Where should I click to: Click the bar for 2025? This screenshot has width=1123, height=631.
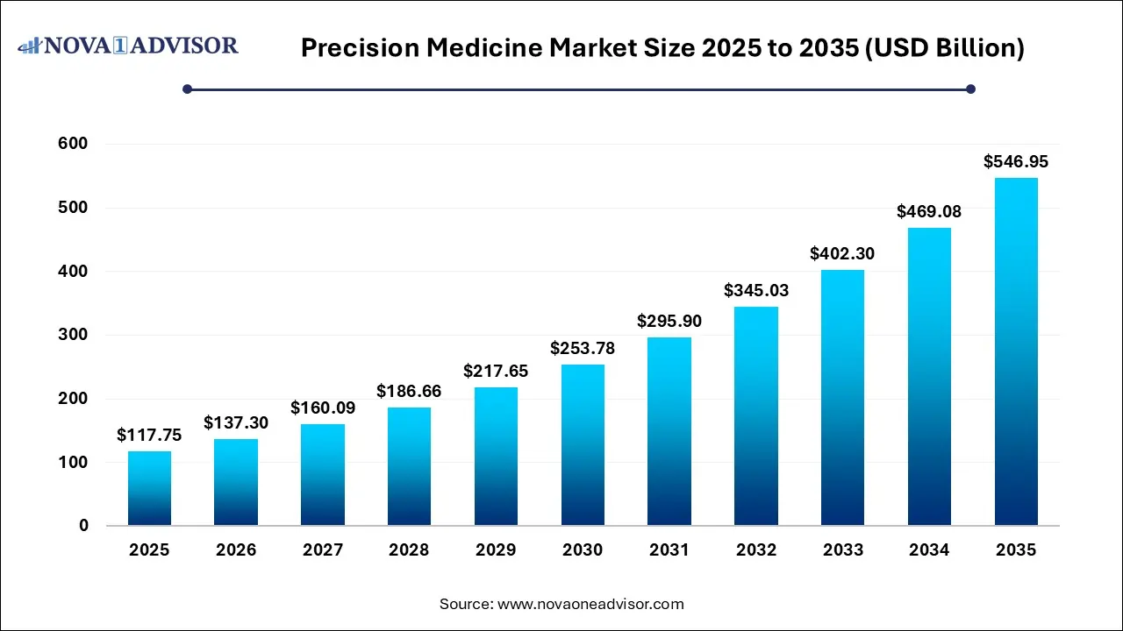click(x=149, y=488)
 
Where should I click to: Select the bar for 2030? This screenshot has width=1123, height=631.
click(x=583, y=444)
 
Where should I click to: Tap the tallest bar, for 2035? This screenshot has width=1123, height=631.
click(x=1016, y=351)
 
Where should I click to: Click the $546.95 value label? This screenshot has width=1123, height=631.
click(x=1016, y=161)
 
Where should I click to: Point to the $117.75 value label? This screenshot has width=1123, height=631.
click(x=149, y=435)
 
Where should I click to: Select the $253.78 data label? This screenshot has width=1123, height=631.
click(x=583, y=348)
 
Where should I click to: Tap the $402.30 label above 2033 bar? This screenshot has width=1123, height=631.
click(x=842, y=253)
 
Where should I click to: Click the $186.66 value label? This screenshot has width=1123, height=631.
click(x=409, y=391)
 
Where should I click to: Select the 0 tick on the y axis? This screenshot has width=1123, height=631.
click(x=83, y=526)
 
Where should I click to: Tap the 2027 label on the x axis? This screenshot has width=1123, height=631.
click(x=322, y=550)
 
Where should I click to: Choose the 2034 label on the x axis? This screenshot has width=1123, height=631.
click(x=929, y=550)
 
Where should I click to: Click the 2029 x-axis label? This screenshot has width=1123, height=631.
click(x=496, y=550)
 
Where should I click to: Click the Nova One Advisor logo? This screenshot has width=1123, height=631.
click(x=128, y=46)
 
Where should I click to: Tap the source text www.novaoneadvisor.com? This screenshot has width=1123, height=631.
click(x=590, y=604)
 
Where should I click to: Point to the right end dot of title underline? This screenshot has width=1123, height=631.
click(x=970, y=89)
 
